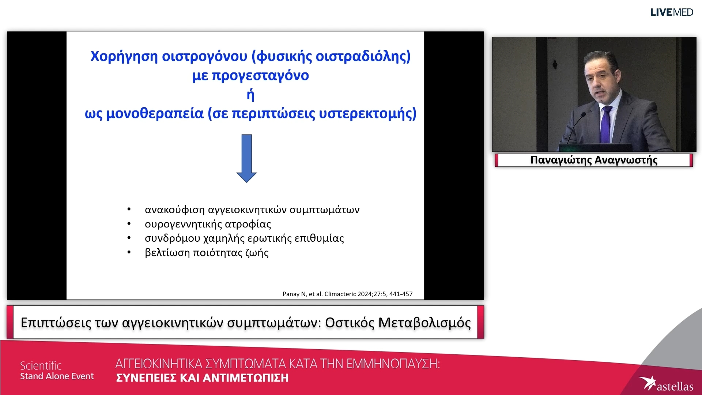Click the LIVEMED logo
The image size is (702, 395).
pos(671,12)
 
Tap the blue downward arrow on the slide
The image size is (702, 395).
pos(247,158)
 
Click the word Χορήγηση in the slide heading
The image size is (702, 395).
pos(124,56)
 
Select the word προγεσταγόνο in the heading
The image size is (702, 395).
pos(260,76)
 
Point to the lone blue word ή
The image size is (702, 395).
pos(250,95)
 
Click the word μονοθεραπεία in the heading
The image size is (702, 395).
pos(155,113)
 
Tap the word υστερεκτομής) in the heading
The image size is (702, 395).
pos(367,113)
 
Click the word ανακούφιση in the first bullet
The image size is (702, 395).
pos(174,210)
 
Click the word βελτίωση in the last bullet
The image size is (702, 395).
pos(167,253)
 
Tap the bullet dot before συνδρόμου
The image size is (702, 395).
pos(129,238)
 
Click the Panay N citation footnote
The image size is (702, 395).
pos(347,294)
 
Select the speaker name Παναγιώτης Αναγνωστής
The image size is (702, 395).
pos(594,160)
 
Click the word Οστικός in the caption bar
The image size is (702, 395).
pos(350,323)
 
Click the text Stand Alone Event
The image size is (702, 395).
pos(57,376)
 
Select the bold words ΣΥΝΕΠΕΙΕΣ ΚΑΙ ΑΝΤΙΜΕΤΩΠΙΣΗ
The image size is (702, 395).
pos(202,378)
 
